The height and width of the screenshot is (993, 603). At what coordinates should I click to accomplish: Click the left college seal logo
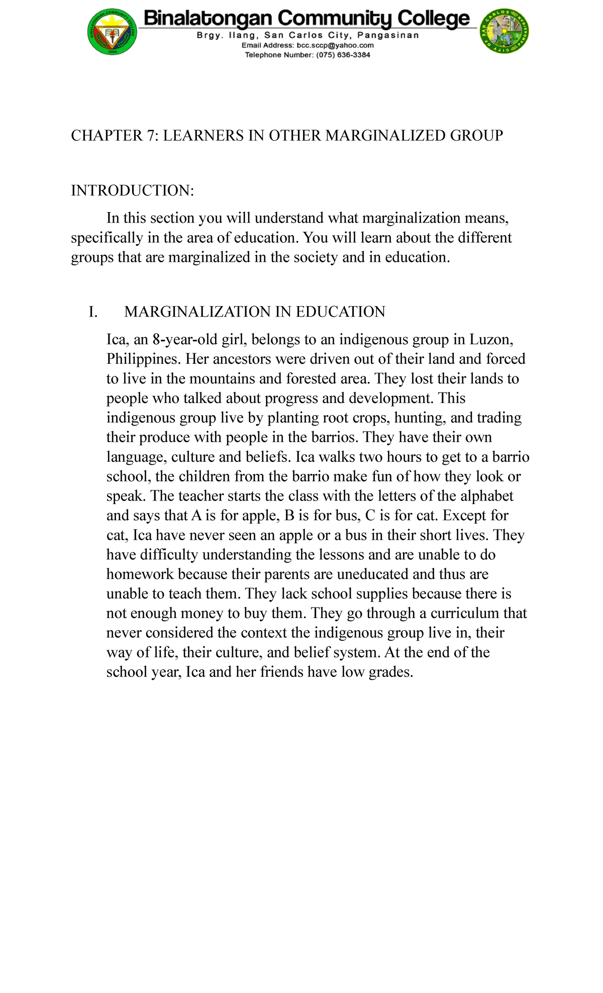(x=112, y=33)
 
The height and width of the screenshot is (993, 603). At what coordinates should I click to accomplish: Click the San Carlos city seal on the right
(x=505, y=33)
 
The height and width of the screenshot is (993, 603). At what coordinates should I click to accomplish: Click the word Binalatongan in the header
(x=208, y=19)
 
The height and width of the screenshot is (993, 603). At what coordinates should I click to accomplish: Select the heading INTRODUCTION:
(x=132, y=190)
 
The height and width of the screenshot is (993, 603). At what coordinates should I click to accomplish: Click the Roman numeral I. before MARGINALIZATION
(x=92, y=312)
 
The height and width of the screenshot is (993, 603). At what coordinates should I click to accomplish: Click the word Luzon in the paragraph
(x=490, y=340)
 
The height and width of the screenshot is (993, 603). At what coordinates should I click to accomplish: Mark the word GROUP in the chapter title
(x=476, y=136)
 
